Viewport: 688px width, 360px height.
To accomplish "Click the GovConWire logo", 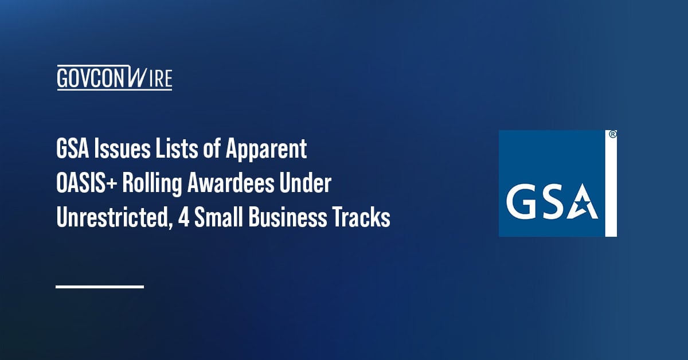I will (114, 78).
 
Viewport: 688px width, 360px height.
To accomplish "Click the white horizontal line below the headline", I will (100, 286).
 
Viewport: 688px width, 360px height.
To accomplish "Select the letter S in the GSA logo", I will (552, 203).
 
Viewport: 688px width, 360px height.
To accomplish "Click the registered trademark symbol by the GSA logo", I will (612, 135).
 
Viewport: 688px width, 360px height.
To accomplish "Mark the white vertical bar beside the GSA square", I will (612, 189).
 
